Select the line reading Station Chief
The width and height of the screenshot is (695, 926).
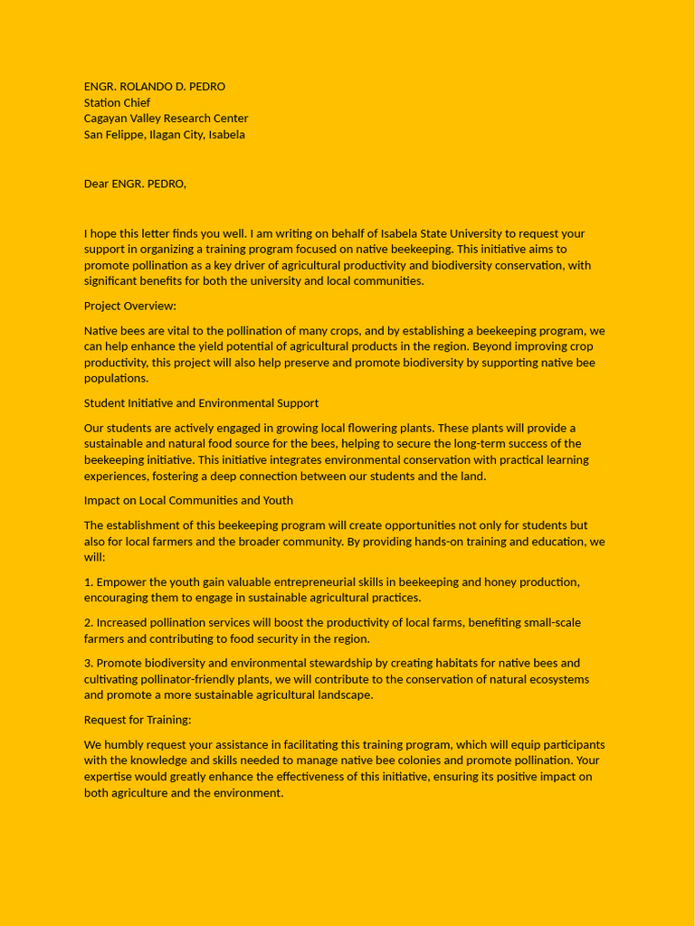pyautogui.click(x=117, y=103)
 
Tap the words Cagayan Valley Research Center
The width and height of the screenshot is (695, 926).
pyautogui.click(x=166, y=118)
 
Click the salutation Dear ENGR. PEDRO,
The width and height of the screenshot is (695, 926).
pyautogui.click(x=135, y=184)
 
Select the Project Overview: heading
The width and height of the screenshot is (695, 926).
pyautogui.click(x=129, y=306)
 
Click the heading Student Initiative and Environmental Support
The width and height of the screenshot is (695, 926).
pyautogui.click(x=201, y=403)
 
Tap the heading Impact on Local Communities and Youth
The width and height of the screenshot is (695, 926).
pyautogui.click(x=188, y=501)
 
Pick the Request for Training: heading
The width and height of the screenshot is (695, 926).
pyautogui.click(x=138, y=720)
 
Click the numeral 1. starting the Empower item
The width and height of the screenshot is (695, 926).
pyautogui.click(x=89, y=582)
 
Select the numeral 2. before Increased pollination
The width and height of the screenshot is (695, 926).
pyautogui.click(x=89, y=623)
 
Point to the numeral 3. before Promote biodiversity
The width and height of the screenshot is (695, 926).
pyautogui.click(x=89, y=664)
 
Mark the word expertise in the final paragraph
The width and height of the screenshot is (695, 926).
pyautogui.click(x=109, y=777)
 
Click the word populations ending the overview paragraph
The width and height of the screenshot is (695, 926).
pyautogui.click(x=116, y=379)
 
